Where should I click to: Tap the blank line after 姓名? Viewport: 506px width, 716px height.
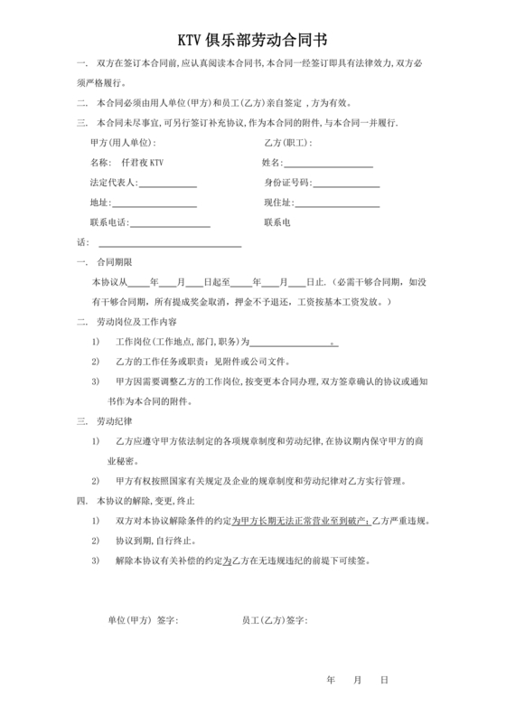pyautogui.click(x=329, y=165)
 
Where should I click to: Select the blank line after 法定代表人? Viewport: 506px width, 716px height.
pyautogui.click(x=167, y=184)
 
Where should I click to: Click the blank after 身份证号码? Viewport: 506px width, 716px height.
pyautogui.click(x=346, y=184)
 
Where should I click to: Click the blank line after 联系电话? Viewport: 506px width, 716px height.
pyautogui.click(x=171, y=224)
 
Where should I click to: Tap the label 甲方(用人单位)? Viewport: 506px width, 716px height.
pyautogui.click(x=123, y=143)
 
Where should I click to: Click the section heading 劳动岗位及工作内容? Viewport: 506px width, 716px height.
pyautogui.click(x=136, y=322)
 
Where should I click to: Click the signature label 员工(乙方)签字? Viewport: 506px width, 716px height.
pyautogui.click(x=275, y=620)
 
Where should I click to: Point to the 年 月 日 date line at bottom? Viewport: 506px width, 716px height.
pyautogui.click(x=358, y=679)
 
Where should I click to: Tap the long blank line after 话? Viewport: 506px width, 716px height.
pyautogui.click(x=169, y=244)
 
